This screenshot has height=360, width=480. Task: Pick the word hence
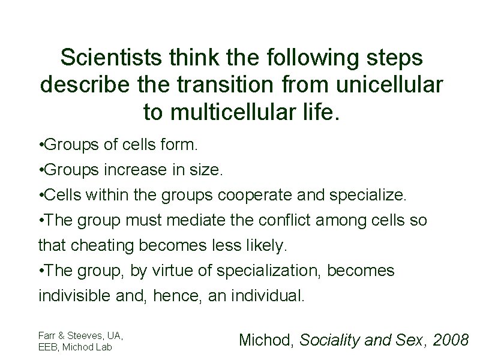(181, 296)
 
